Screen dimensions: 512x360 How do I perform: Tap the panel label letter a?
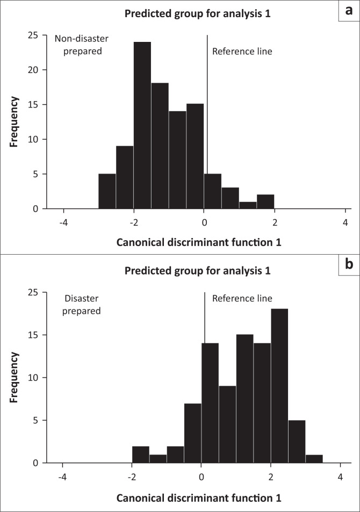(x=348, y=10)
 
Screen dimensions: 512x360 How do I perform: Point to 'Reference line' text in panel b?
(x=242, y=298)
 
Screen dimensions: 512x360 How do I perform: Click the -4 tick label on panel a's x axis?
(x=63, y=222)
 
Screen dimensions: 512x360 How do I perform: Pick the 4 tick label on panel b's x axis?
(x=340, y=477)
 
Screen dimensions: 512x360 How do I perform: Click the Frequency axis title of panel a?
(x=16, y=121)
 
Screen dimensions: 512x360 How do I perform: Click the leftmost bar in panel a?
(x=107, y=191)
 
